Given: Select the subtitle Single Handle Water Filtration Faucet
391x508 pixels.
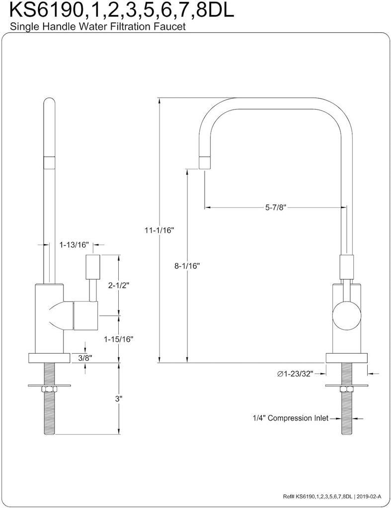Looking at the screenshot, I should pos(94,28).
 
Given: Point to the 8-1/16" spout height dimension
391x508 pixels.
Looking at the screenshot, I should pos(187,266).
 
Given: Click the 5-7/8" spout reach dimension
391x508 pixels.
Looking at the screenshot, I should pos(274,207).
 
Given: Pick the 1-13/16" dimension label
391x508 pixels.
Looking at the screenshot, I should pos(74,245).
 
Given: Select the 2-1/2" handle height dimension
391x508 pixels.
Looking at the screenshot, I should pos(119,285).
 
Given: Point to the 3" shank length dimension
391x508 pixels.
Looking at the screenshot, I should pos(119,398).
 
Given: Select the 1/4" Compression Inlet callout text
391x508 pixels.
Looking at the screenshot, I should pos(290,418).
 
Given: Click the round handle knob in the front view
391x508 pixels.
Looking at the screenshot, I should pos(346,318).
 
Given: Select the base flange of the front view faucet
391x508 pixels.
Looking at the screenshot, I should pos(346,358).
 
